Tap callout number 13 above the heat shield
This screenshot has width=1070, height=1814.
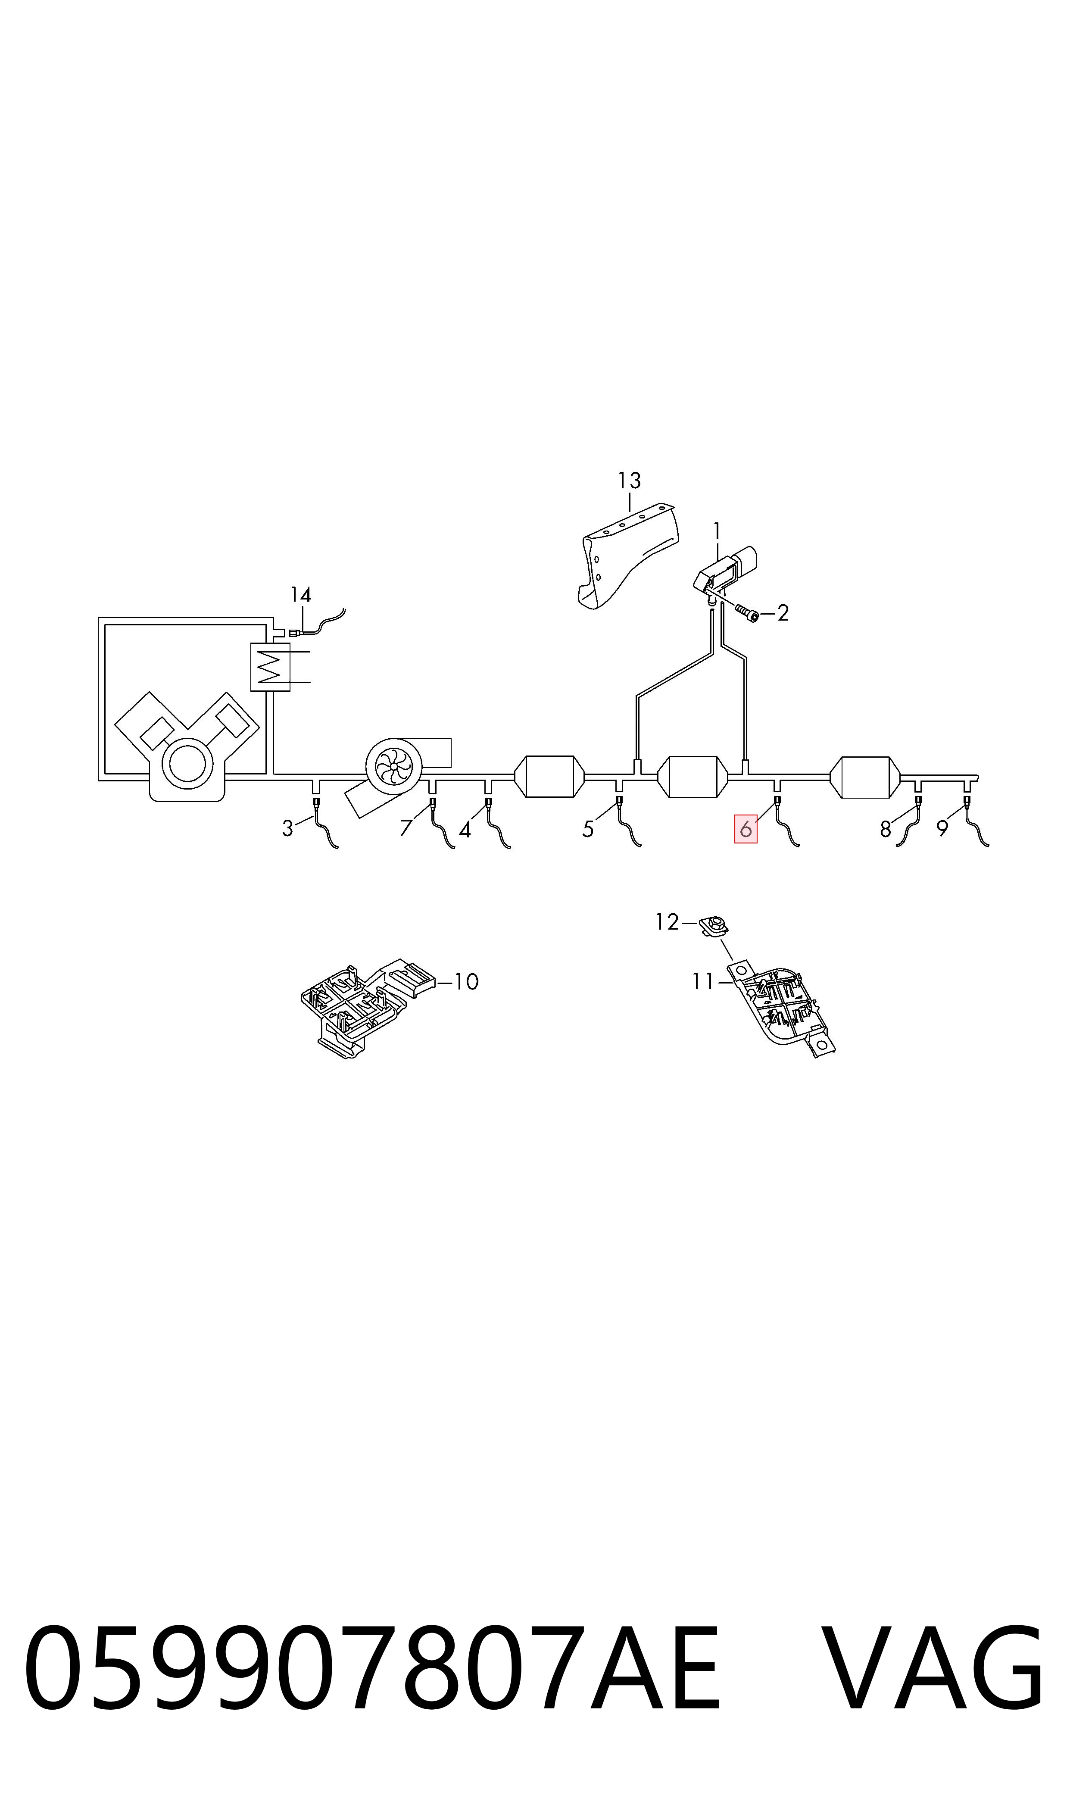[630, 480]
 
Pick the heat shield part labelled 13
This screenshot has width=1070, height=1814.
[629, 556]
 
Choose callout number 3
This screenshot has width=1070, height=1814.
[288, 828]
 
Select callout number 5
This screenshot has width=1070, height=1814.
[588, 830]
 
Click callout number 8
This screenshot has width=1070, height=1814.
[886, 830]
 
